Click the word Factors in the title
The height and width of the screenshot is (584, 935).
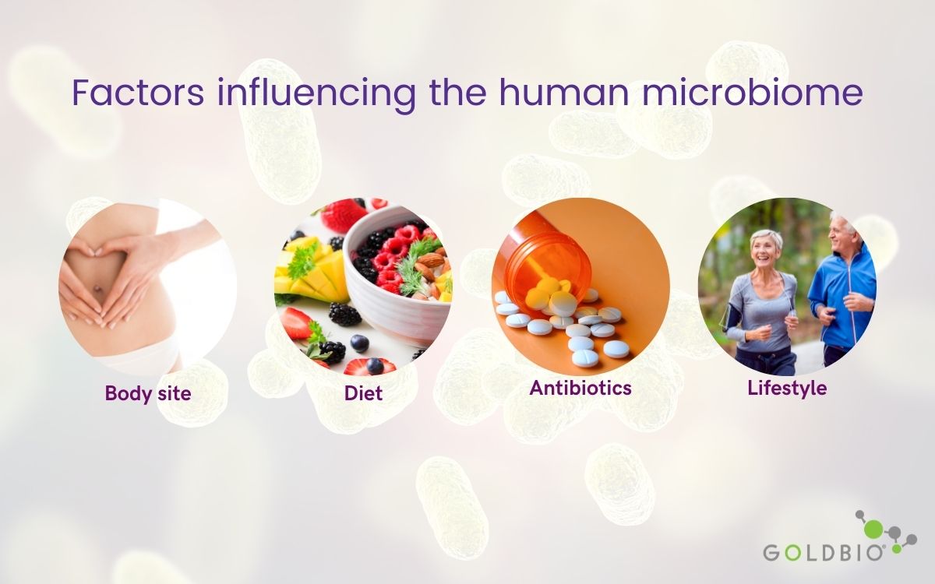[138, 92]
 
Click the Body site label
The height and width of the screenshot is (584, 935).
[148, 393]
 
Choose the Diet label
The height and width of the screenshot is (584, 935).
[363, 393]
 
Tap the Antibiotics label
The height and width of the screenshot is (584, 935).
[580, 388]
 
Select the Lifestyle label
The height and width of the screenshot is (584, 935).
[787, 389]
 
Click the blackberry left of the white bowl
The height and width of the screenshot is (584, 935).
[344, 314]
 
